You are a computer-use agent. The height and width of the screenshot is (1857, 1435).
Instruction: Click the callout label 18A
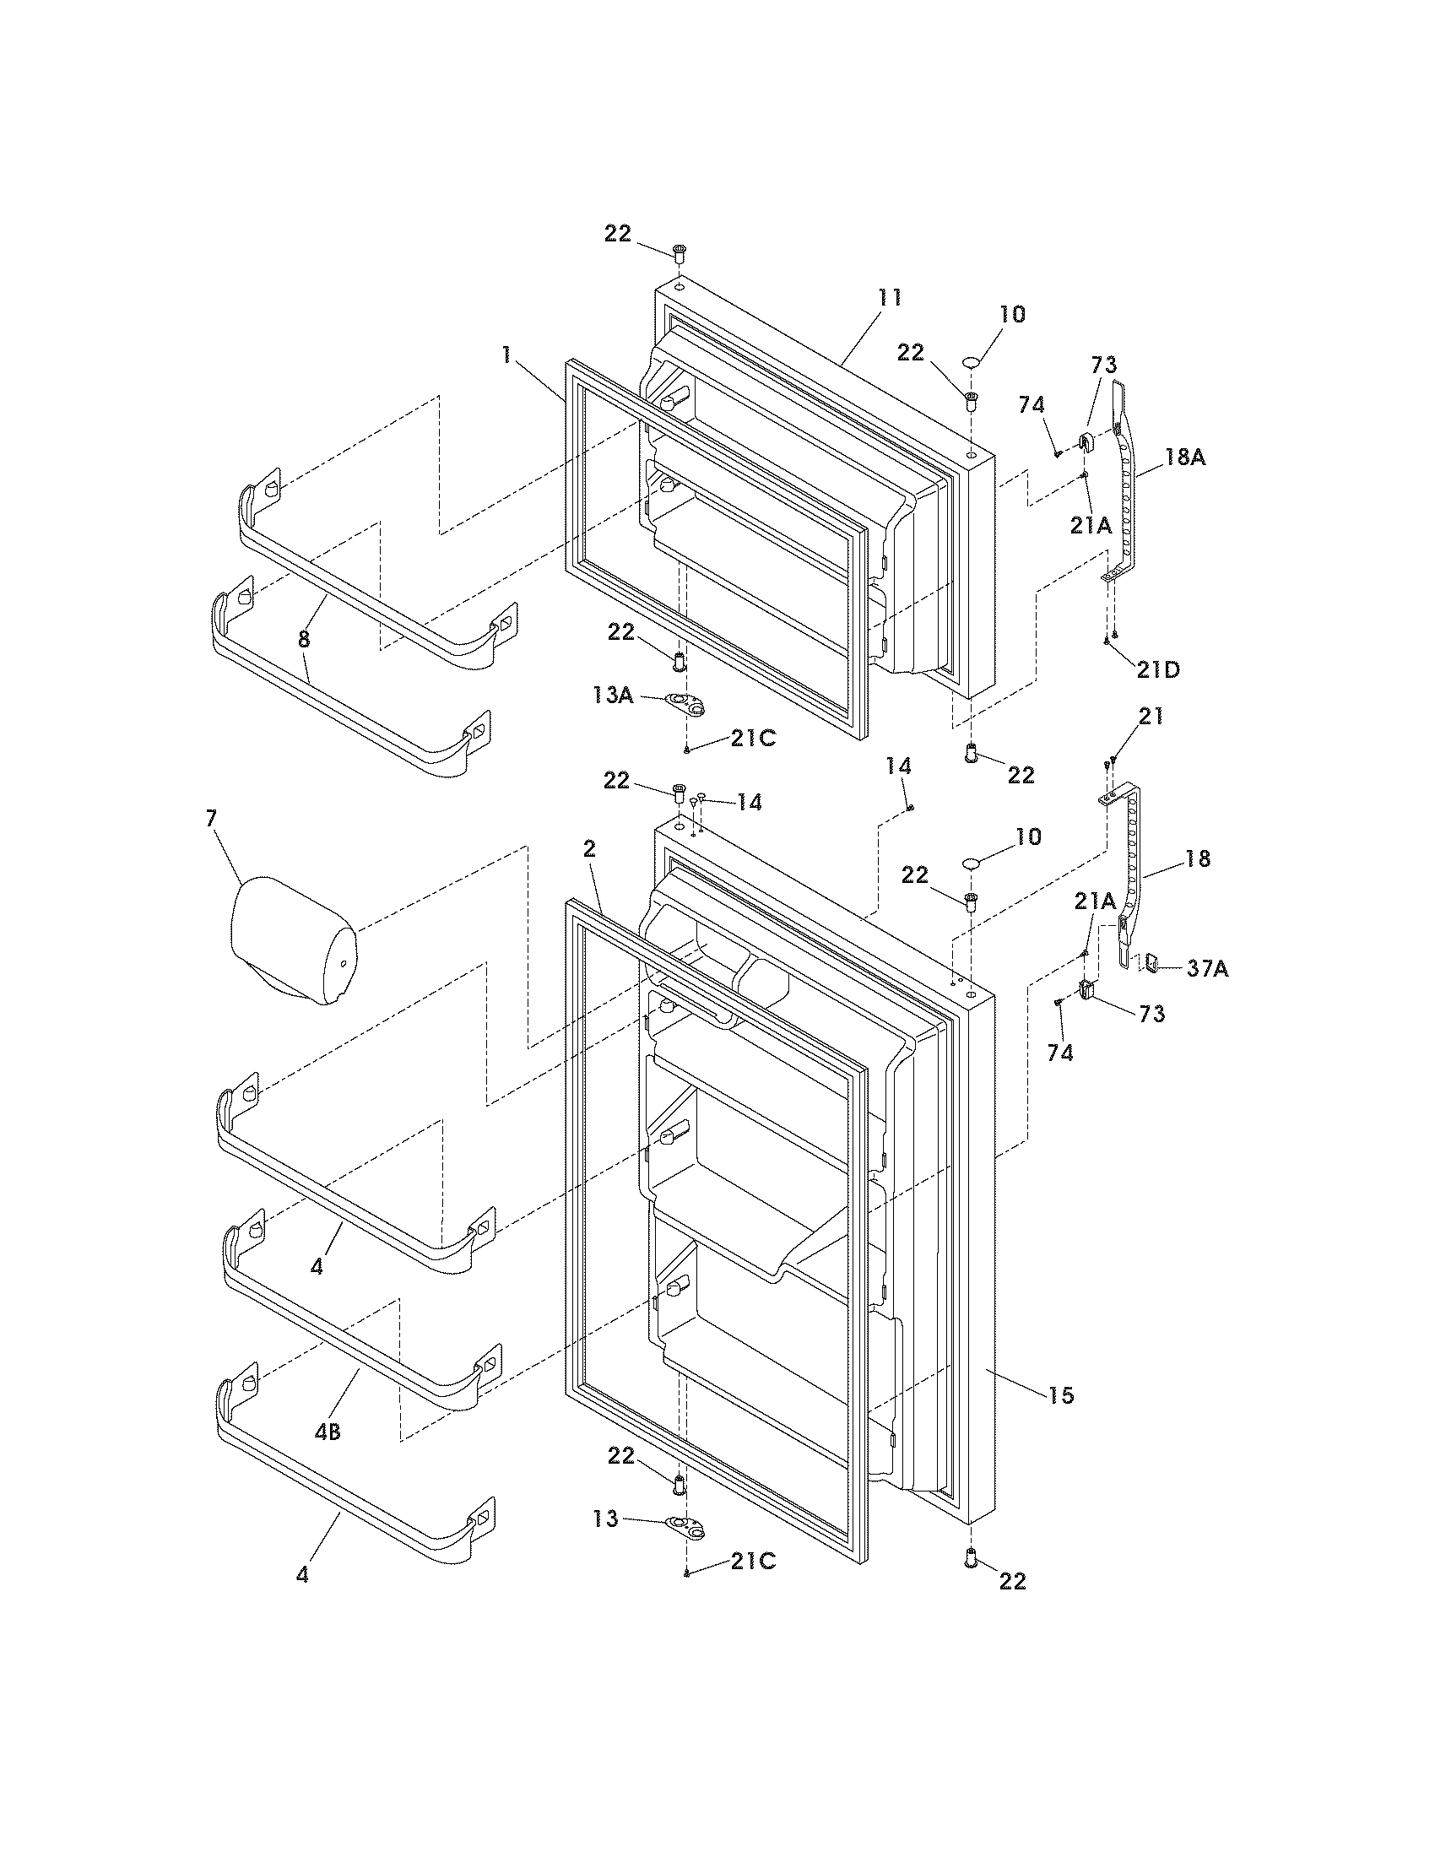pyautogui.click(x=1184, y=457)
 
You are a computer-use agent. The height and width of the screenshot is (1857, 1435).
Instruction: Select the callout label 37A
pyautogui.click(x=1207, y=967)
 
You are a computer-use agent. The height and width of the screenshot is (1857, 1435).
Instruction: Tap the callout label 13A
pyautogui.click(x=613, y=695)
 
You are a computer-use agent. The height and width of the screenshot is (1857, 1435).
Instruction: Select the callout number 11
pyautogui.click(x=889, y=298)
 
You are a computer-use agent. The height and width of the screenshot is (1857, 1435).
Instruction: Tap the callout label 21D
pyautogui.click(x=1159, y=669)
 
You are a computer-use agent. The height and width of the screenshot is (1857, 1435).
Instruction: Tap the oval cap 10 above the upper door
pyautogui.click(x=972, y=364)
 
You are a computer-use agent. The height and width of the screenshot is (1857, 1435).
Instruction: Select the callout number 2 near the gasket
pyautogui.click(x=589, y=847)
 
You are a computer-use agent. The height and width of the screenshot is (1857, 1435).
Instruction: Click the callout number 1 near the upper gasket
pyautogui.click(x=507, y=355)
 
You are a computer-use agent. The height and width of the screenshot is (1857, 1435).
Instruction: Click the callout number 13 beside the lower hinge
pyautogui.click(x=606, y=1519)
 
